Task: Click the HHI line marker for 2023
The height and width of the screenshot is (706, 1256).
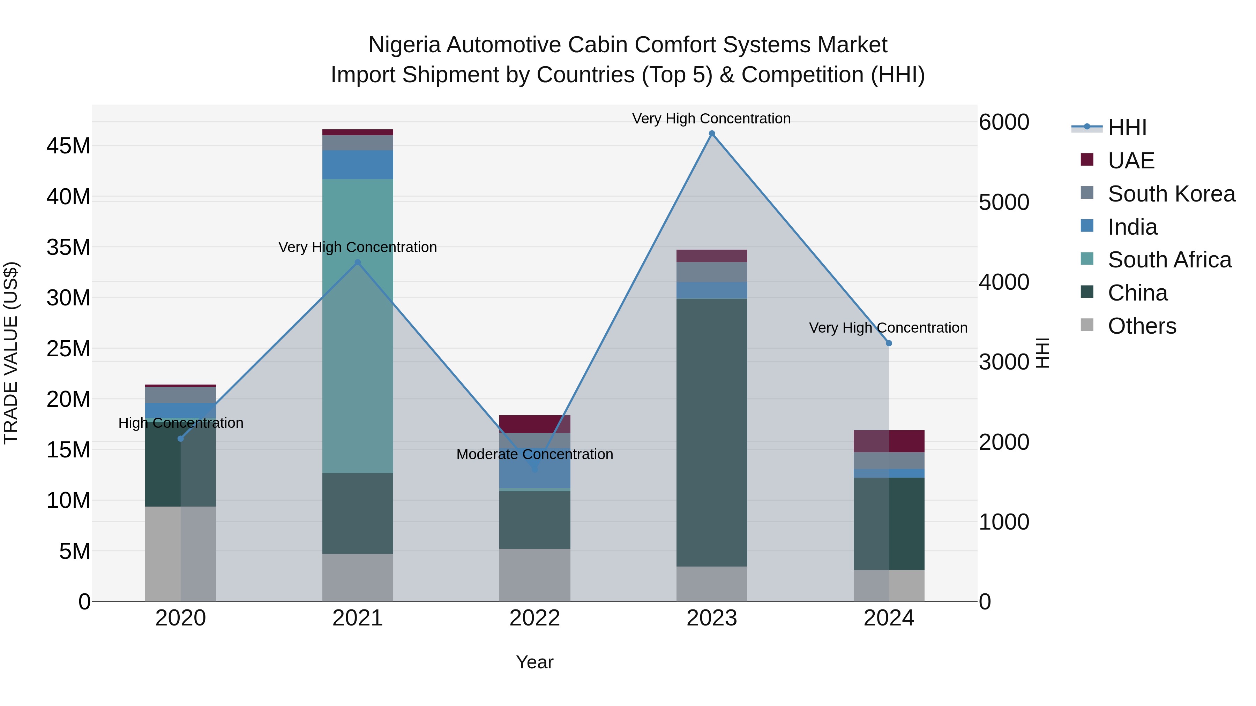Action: pyautogui.click(x=711, y=134)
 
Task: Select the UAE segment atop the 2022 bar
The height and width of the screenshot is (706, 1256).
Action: pyautogui.click(x=534, y=424)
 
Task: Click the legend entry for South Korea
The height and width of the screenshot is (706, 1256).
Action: pyautogui.click(x=1171, y=194)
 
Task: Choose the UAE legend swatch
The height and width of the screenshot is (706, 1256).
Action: pyautogui.click(x=1087, y=160)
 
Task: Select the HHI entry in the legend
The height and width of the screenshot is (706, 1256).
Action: pyautogui.click(x=1127, y=128)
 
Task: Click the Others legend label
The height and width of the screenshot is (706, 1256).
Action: pyautogui.click(x=1142, y=326)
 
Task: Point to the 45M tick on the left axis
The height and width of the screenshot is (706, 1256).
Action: pyautogui.click(x=68, y=146)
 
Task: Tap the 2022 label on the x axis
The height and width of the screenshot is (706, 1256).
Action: pyautogui.click(x=534, y=618)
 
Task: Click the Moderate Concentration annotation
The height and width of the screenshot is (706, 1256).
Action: pyautogui.click(x=534, y=454)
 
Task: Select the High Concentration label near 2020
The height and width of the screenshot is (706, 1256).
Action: pyautogui.click(x=180, y=423)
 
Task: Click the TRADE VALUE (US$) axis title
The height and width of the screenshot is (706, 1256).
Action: pyautogui.click(x=11, y=353)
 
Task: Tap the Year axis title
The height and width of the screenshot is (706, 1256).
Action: pyautogui.click(x=534, y=662)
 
